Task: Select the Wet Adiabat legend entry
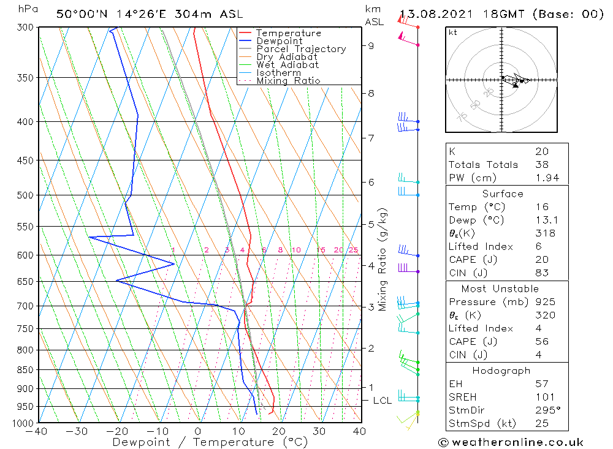point(287,65)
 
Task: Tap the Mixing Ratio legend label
point(288,81)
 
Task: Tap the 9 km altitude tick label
point(371,45)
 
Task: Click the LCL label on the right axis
point(382,401)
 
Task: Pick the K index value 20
point(542,151)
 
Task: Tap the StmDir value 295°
point(546,410)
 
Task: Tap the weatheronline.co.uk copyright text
point(511,442)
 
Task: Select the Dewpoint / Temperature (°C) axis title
point(202,442)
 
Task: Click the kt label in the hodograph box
point(453,33)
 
